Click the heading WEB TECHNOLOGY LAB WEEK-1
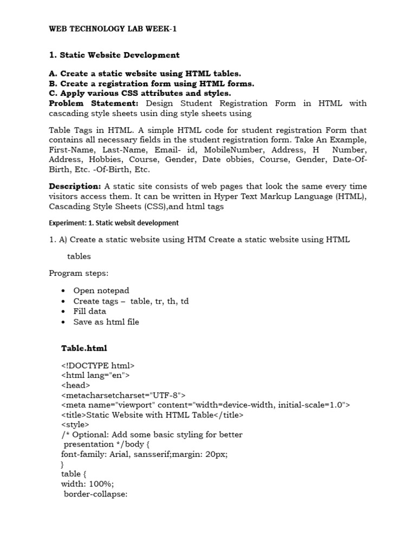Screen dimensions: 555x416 tap(113, 29)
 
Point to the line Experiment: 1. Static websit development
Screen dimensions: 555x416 tap(114, 223)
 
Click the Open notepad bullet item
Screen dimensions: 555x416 tap(101, 291)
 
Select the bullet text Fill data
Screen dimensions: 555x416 tap(90, 311)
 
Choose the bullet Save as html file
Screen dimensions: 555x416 tap(106, 321)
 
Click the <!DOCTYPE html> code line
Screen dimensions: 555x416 tap(98, 366)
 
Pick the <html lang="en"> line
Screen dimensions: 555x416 tap(95, 375)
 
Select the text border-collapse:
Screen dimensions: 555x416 tap(95, 494)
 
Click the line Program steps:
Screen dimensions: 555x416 tap(79, 273)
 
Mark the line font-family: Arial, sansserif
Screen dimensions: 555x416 tap(145, 454)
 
